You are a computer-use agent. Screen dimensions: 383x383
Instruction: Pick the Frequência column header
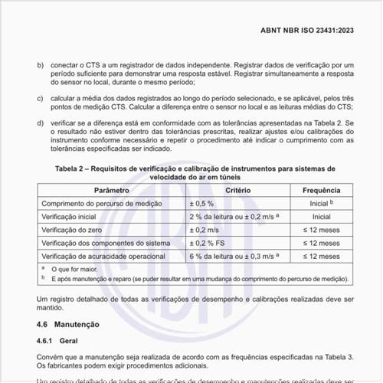click(x=321, y=189)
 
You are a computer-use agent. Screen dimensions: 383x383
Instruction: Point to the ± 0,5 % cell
click(x=203, y=204)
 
